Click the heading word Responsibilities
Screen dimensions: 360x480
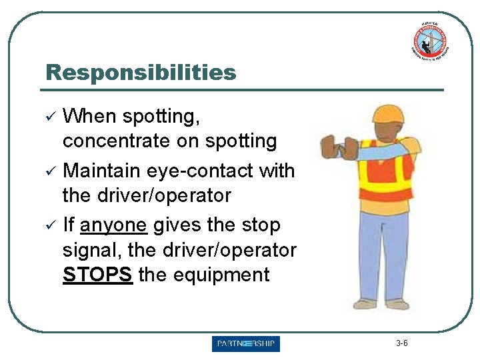tap(140, 72)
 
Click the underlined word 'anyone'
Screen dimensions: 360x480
tap(113, 225)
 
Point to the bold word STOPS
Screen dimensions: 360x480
tap(97, 275)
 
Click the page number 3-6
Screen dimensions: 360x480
tap(401, 343)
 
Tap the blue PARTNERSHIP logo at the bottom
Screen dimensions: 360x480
tap(246, 344)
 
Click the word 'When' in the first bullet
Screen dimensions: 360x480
tap(89, 117)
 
